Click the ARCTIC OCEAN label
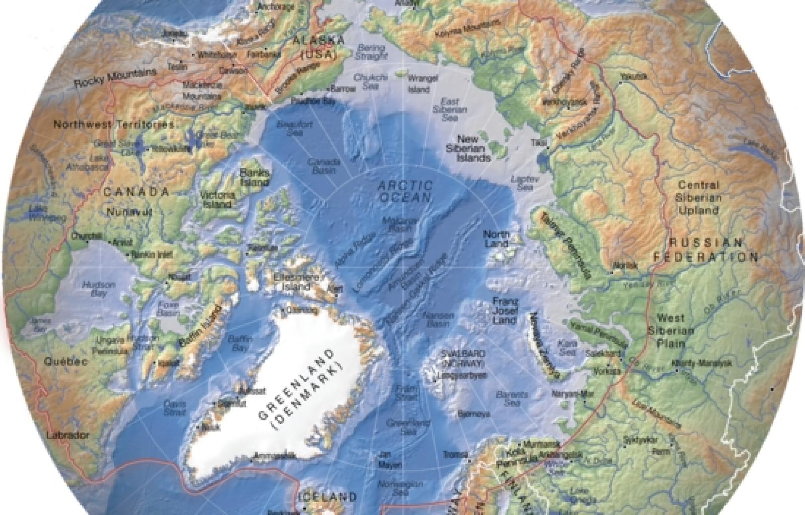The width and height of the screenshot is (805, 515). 406,191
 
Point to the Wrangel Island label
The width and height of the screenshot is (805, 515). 418,84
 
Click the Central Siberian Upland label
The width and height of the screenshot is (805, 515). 699,198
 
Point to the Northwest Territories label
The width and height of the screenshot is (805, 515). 114,124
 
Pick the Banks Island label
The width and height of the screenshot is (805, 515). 255,177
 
